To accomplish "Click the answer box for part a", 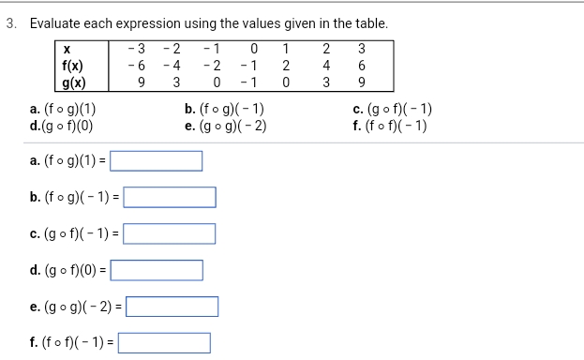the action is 157,161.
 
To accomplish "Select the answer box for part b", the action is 170,197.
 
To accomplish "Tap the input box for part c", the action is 170,234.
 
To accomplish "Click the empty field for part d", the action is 157,271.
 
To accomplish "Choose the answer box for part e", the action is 173,307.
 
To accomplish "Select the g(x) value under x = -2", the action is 175,82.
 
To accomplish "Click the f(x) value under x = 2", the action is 324,66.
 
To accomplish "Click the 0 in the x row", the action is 250,50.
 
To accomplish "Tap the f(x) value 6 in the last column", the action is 363,66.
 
